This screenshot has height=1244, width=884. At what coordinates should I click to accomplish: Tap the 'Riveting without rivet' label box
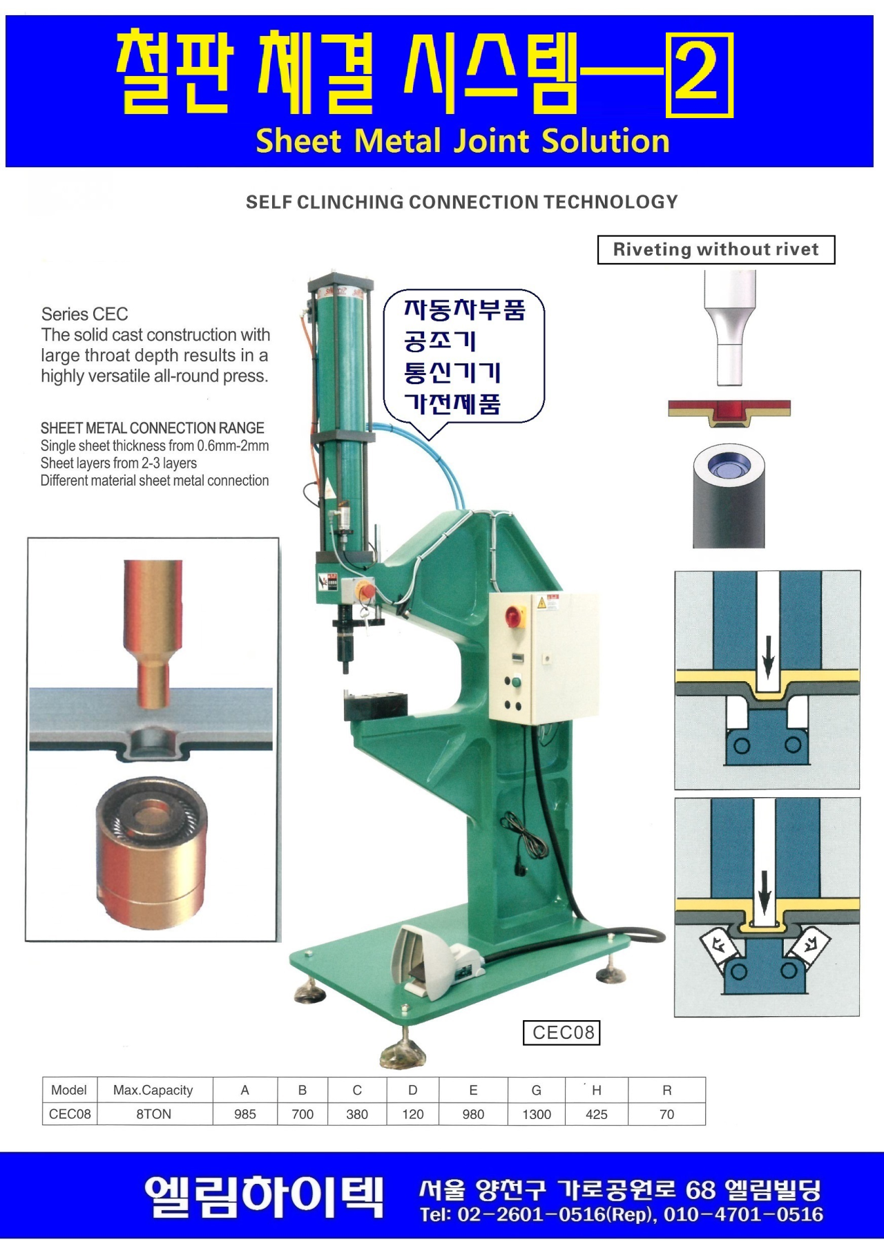click(x=716, y=249)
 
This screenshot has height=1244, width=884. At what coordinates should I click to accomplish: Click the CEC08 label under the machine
click(x=562, y=1033)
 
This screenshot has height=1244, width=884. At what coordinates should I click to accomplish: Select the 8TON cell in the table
click(x=154, y=1114)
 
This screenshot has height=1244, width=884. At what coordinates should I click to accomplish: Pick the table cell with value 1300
click(x=537, y=1114)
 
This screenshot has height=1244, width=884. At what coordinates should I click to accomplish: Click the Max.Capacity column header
click(x=153, y=1090)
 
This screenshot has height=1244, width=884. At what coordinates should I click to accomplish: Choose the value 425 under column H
click(x=597, y=1114)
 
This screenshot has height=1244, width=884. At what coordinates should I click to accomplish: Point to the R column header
click(x=666, y=1090)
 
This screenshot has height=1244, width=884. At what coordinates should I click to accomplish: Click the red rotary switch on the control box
click(x=513, y=616)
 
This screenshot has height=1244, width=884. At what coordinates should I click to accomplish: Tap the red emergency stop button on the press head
click(x=365, y=591)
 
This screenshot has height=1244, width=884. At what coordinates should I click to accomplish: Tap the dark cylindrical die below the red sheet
click(x=729, y=496)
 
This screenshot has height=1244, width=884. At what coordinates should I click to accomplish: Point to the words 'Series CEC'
click(x=84, y=314)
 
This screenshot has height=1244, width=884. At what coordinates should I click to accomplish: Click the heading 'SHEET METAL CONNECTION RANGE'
click(x=153, y=428)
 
